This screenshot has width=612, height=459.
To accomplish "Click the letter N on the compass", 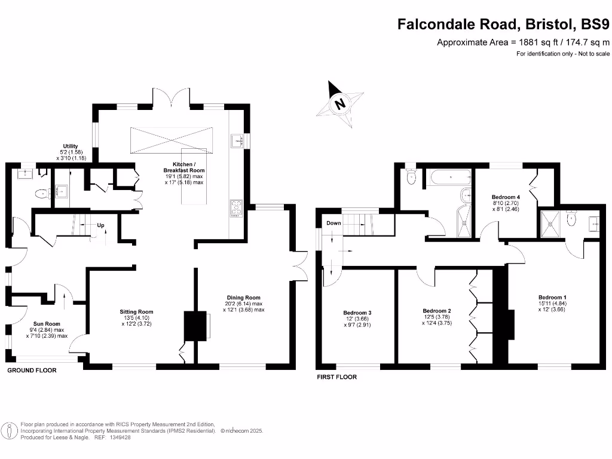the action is (340, 104).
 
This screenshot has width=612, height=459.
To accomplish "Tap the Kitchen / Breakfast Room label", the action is (184, 167).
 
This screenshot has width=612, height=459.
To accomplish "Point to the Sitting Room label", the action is (136, 311).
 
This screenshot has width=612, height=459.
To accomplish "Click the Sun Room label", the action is (47, 323).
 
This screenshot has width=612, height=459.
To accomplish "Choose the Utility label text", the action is (71, 146).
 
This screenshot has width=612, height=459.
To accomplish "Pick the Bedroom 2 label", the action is (437, 311).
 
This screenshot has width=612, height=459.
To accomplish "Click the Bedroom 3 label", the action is (357, 313).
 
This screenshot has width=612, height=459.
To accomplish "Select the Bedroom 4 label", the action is (506, 197).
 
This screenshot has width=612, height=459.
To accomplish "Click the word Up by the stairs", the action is (100, 225).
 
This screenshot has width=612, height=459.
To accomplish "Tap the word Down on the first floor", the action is (333, 223).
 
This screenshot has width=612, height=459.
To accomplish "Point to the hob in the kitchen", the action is (236, 209).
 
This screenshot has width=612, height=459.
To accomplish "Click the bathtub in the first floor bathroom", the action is (451, 178).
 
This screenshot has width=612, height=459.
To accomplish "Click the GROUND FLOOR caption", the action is (32, 370).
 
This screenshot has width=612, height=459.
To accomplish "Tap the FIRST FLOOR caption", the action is (337, 377).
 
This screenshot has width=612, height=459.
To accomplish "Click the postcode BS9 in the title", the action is (595, 24).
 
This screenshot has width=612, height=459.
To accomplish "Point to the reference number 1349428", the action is (120, 437).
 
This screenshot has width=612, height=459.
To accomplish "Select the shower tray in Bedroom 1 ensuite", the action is (550, 224).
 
